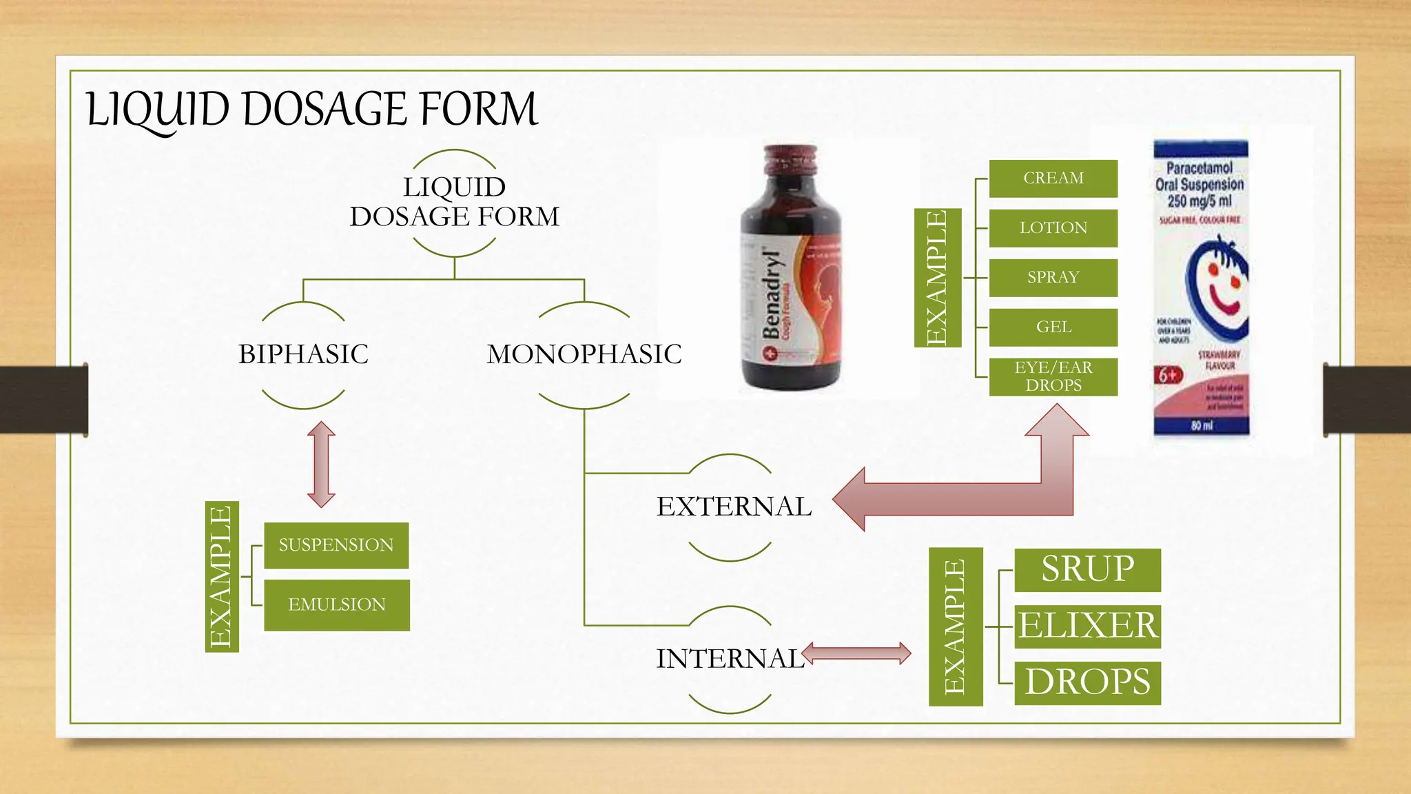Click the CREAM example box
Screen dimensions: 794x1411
pos(1053,179)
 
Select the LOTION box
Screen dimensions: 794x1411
pos(1053,228)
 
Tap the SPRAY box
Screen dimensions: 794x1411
pos(1053,278)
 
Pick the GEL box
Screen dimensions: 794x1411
pos(1053,327)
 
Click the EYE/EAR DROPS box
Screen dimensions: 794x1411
pos(1053,376)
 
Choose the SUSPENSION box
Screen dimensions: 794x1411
pos(336,545)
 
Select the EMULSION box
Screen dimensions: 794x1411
pos(337,604)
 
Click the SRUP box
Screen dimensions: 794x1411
pos(1087,569)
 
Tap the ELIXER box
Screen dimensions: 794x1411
pos(1087,626)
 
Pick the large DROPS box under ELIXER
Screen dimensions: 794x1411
pos(1087,682)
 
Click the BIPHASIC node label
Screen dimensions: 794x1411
pos(303,354)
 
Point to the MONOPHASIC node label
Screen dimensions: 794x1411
pos(584,354)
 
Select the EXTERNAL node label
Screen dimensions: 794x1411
pos(734,507)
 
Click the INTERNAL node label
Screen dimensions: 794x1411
pos(729,659)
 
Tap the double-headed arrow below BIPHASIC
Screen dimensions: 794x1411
pos(321,465)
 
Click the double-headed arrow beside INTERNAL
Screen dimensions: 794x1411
pos(856,653)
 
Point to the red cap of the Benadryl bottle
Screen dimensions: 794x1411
pos(790,159)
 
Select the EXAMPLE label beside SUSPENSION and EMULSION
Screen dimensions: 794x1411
pos(222,576)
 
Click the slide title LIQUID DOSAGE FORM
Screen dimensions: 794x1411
pos(311,110)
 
